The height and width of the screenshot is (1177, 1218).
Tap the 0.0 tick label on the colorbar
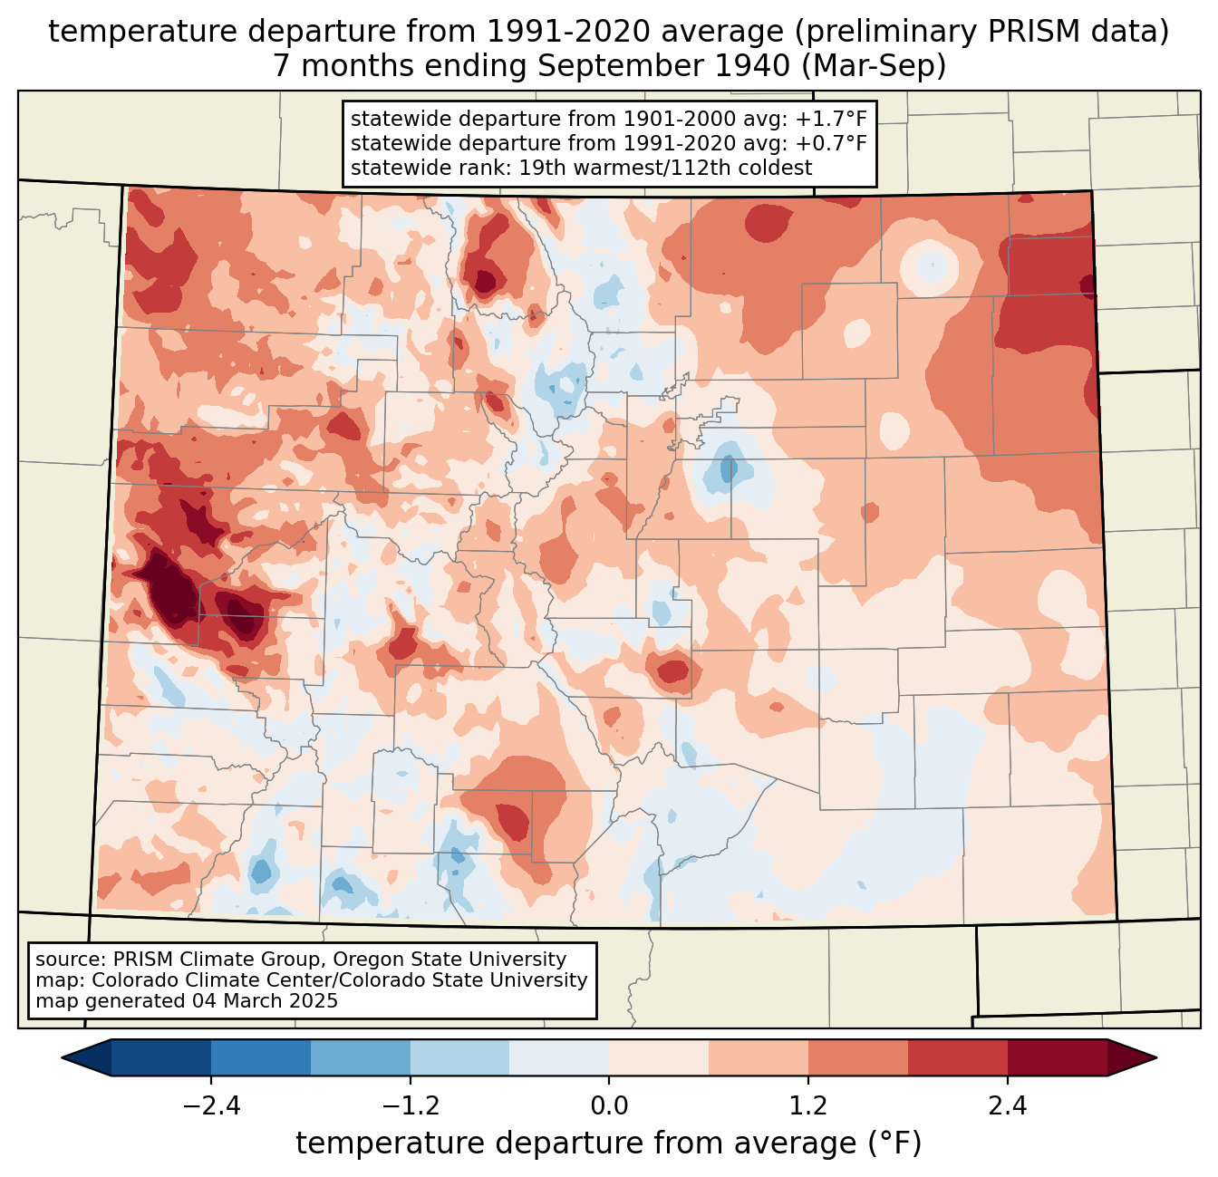coord(609,1106)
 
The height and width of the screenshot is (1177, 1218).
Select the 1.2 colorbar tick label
coord(808,1106)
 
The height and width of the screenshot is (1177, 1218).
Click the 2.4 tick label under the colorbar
coord(1007,1106)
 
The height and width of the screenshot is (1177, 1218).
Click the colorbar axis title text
coord(608,1143)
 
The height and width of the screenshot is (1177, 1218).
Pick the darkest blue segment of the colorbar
coord(161,1057)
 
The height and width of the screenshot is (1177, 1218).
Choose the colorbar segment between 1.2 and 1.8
coord(857,1057)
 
